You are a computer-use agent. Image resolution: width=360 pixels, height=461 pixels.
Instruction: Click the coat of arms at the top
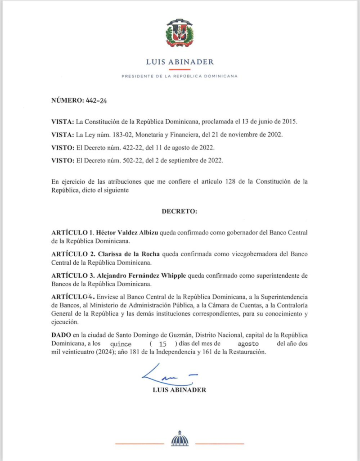(180, 33)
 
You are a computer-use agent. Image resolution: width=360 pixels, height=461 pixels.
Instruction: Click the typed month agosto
(248, 343)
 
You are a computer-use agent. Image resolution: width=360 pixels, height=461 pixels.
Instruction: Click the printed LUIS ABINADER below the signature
(180, 390)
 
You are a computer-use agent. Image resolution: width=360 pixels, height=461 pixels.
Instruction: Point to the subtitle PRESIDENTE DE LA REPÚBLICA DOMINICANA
(180, 76)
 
